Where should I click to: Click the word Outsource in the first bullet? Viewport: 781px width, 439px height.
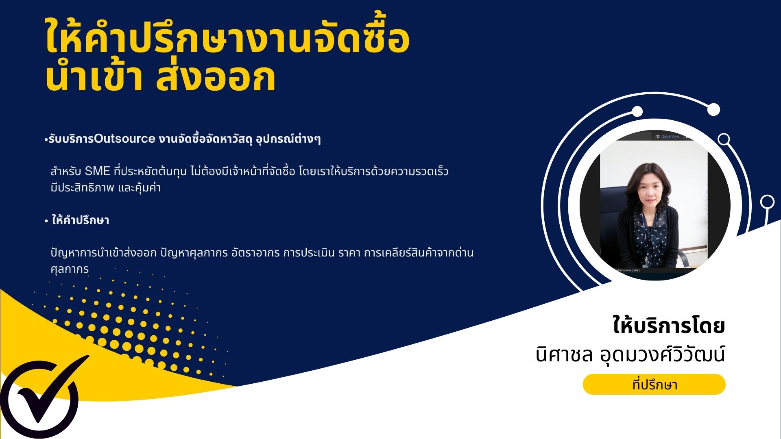124,139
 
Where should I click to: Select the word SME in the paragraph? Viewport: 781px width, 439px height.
98,172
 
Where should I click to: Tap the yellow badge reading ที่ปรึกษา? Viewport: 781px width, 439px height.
654,385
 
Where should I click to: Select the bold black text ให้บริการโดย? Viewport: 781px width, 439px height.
669,326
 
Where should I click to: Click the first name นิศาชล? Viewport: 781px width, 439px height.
564,354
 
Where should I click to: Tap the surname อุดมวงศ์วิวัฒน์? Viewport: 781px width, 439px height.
663,354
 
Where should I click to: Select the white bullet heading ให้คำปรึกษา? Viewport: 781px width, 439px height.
80,220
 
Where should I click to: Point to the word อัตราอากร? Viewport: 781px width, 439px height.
255,253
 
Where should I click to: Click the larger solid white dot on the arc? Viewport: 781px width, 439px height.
713,109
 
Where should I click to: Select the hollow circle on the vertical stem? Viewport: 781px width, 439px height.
767,202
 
